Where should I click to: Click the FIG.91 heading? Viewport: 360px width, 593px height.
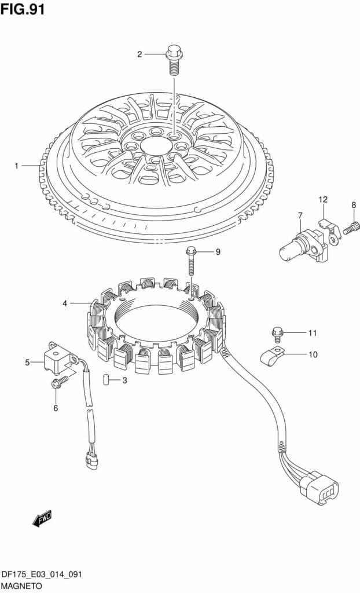pos(23,9)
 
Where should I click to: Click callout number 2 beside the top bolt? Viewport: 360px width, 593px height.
pos(139,54)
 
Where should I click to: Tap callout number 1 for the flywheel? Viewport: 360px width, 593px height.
pos(17,166)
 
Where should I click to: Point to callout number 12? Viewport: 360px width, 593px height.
pos(323,199)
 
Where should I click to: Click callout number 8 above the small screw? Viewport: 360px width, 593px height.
pos(354,205)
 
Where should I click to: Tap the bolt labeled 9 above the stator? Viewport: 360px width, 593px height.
pos(192,261)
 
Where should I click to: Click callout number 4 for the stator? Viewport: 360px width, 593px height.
pos(65,303)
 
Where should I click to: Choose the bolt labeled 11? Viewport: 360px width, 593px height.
pos(277,334)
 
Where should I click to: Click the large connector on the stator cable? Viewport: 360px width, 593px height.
pos(319,486)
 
